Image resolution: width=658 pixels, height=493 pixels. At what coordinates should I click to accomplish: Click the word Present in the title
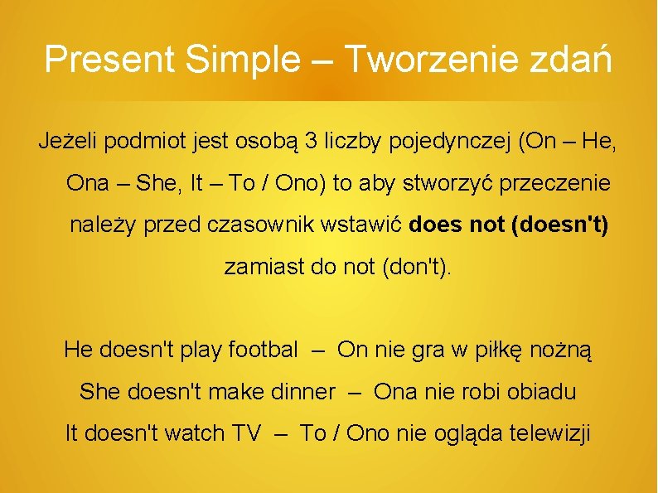tap(110, 60)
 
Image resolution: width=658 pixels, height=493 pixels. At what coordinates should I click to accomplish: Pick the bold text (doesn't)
tap(561, 225)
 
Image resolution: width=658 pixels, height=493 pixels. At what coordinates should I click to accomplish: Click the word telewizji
tap(550, 433)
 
